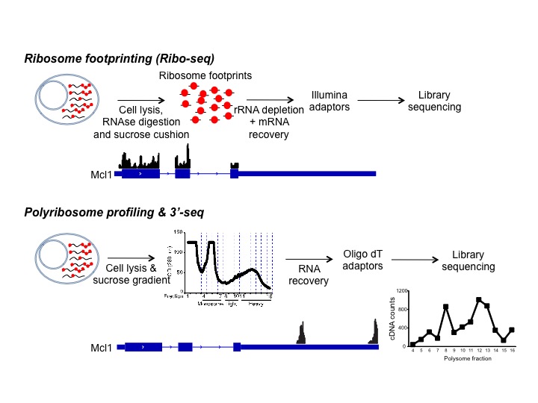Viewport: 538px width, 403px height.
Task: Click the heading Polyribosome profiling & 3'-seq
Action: (x=114, y=213)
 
